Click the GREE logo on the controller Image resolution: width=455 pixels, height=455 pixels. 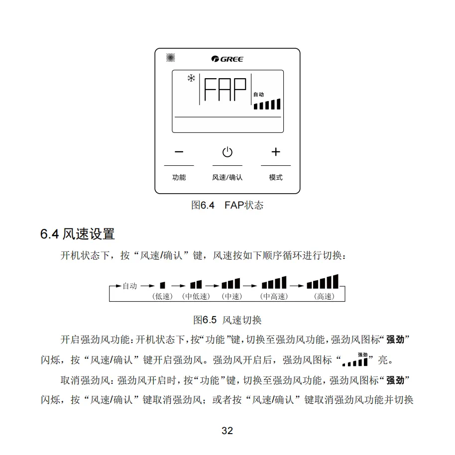[227, 59]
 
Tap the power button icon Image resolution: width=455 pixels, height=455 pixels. [227, 152]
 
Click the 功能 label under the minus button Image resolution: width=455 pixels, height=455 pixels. [179, 178]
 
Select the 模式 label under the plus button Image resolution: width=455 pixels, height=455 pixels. [275, 178]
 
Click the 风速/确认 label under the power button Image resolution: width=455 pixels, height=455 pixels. [227, 178]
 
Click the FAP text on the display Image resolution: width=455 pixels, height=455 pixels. [226, 90]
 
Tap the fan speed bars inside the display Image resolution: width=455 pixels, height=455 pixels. [267, 104]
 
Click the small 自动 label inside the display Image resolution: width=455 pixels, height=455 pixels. [258, 94]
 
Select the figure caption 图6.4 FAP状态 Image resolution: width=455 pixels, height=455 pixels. [227, 205]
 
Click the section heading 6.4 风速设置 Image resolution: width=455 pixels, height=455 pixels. [78, 233]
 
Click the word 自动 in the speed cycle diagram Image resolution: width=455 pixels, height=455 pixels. [129, 286]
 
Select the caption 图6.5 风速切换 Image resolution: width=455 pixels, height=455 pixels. [227, 319]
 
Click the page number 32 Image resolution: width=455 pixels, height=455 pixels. [227, 431]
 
